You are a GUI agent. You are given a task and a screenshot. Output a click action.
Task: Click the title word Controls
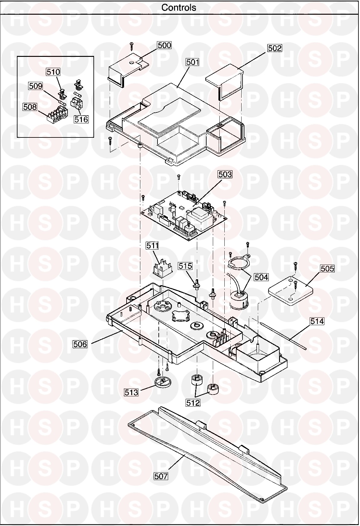point(179,7)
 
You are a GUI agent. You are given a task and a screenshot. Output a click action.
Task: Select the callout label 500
point(164,45)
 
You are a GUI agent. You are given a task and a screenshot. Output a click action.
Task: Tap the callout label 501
point(192,62)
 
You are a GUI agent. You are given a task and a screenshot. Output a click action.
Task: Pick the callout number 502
point(275,48)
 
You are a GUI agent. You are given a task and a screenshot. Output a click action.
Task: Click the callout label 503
point(225,174)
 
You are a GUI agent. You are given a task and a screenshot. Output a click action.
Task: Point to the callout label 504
point(261,277)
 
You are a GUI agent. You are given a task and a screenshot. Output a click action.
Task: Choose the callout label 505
point(327,269)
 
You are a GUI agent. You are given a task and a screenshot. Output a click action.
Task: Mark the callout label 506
point(80,344)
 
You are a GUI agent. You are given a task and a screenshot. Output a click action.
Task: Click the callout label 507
point(161,485)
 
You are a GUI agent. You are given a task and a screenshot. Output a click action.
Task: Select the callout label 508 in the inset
point(30,107)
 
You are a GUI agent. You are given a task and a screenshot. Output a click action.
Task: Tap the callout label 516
point(81,119)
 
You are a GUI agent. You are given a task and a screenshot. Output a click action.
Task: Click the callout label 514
point(317,321)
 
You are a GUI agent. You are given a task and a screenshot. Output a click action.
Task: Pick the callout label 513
point(131,392)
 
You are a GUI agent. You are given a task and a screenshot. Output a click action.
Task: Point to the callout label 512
point(193,403)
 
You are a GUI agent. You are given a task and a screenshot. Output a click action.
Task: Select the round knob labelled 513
point(163,382)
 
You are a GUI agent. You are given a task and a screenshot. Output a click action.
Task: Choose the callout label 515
point(185,266)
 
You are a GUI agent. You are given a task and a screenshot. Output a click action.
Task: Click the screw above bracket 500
point(132,46)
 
